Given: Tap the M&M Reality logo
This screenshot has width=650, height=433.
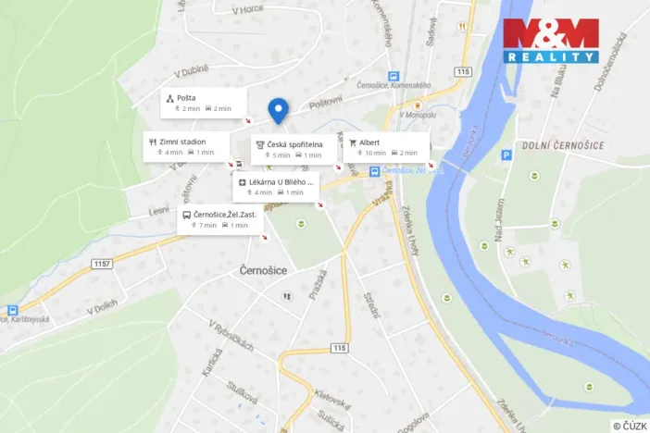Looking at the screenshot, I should coord(550,41).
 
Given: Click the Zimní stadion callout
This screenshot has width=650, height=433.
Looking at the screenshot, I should coord(185,146).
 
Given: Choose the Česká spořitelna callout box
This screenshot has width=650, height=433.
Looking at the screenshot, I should coord(294,149).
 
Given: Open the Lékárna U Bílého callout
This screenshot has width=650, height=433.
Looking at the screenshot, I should coord(276,187).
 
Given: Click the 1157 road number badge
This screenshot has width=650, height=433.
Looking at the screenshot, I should coord(104,265).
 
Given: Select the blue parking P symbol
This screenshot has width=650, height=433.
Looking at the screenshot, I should coord(506,157).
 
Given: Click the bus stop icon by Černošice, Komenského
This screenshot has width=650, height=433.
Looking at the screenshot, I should coord(394,76).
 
